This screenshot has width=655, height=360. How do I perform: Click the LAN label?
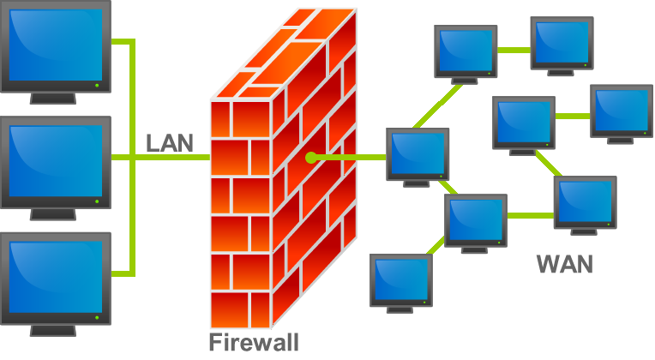click(170, 142)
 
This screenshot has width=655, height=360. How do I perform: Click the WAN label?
click(564, 263)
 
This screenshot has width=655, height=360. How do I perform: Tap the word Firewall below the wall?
click(254, 343)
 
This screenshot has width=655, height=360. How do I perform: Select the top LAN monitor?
click(55, 47)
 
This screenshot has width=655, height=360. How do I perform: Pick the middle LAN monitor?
click(55, 163)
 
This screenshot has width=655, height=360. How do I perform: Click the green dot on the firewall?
click(311, 158)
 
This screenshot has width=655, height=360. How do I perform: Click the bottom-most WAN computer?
click(400, 280)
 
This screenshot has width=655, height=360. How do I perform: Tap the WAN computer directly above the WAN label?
click(586, 202)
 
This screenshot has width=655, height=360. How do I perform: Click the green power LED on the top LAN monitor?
click(97, 86)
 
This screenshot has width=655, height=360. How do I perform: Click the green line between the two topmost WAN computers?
click(514, 48)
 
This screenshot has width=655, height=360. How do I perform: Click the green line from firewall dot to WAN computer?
click(352, 158)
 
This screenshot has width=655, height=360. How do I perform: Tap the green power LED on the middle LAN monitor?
click(97, 202)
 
